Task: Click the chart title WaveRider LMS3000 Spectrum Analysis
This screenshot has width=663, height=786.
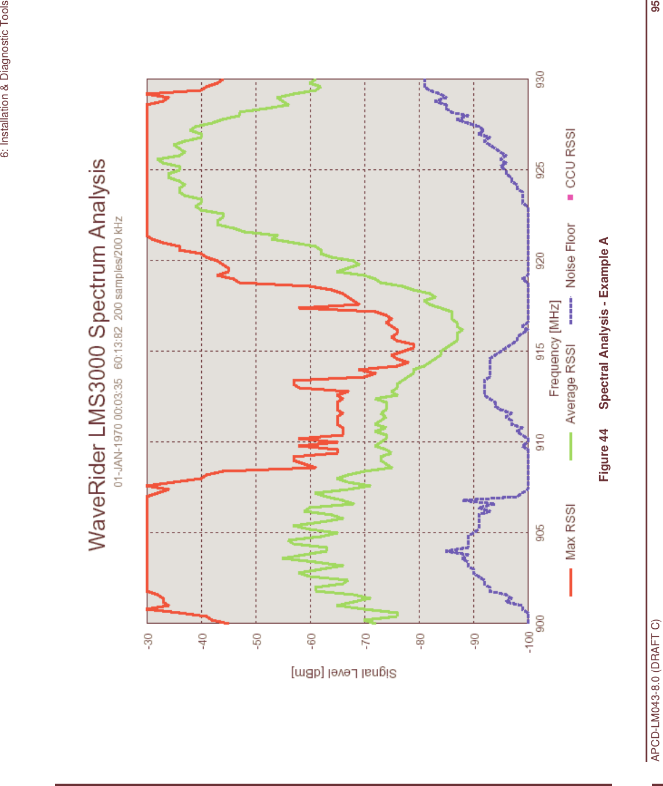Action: pos(97,354)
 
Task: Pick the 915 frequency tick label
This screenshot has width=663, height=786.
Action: pos(540,352)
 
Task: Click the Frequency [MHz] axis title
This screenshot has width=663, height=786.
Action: pos(555,348)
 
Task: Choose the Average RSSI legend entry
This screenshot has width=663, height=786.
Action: pos(571,383)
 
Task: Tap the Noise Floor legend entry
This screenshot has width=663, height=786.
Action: pos(571,255)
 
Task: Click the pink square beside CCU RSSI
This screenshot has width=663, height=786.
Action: pos(571,198)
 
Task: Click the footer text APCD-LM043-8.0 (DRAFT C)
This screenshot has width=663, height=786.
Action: pos(655,690)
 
